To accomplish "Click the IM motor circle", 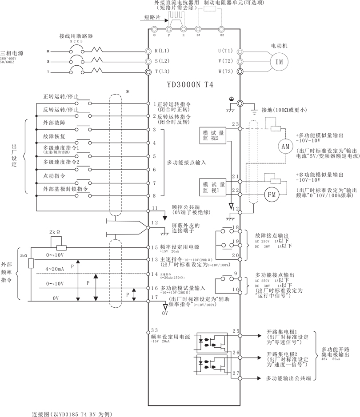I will pyautogui.click(x=280, y=62).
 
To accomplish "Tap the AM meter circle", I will pyautogui.click(x=286, y=146).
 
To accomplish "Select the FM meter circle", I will pyautogui.click(x=271, y=194).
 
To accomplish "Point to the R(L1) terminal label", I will pyautogui.click(x=162, y=51).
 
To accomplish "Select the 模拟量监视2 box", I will pyautogui.click(x=214, y=135).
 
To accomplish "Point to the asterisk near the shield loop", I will pyautogui.click(x=128, y=91).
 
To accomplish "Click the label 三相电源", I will pyautogui.click(x=12, y=53).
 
